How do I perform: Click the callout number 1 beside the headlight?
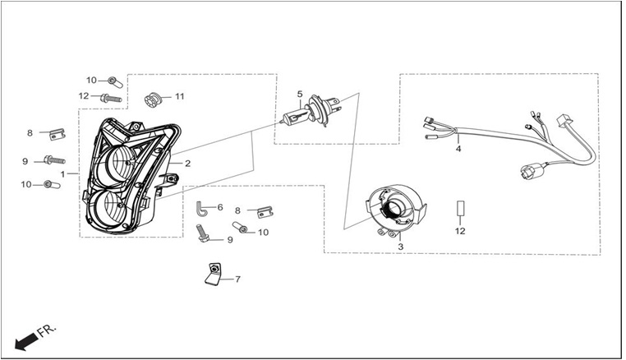click(x=62, y=174)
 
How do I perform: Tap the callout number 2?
click(x=187, y=164)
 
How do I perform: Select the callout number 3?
click(x=400, y=247)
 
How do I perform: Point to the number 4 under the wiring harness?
click(x=458, y=149)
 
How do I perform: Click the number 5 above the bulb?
click(x=300, y=95)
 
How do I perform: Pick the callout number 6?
click(x=220, y=207)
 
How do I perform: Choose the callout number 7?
click(x=237, y=279)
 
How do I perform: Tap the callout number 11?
click(x=180, y=96)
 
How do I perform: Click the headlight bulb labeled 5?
click(x=312, y=111)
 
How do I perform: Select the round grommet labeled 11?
click(x=152, y=99)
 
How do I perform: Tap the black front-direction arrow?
click(x=27, y=343)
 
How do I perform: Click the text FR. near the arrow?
click(x=47, y=331)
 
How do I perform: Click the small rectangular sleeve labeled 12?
click(x=460, y=208)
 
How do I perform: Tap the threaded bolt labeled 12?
click(x=111, y=98)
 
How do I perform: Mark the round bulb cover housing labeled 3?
click(x=397, y=210)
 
